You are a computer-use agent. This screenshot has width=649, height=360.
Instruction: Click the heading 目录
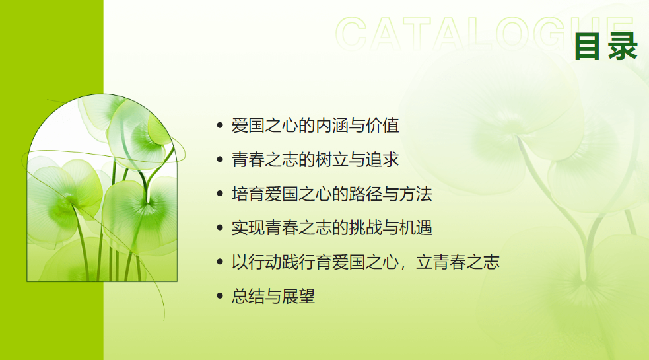click(605, 46)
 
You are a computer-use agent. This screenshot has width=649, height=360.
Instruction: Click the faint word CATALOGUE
click(484, 34)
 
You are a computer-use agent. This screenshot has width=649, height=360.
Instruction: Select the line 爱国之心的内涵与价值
click(315, 126)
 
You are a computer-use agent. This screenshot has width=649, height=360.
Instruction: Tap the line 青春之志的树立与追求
click(315, 159)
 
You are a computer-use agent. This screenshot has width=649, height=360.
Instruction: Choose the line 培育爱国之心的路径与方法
click(332, 194)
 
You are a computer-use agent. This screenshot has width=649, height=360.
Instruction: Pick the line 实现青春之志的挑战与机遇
click(332, 228)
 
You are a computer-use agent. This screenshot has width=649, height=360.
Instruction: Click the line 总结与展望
click(273, 296)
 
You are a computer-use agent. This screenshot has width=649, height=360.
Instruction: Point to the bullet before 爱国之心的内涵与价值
click(220, 125)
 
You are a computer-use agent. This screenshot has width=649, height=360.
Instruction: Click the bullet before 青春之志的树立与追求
click(220, 159)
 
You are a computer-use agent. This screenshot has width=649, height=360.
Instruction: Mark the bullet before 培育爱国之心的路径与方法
click(220, 194)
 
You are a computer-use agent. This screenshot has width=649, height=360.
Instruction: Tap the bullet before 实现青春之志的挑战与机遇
click(220, 228)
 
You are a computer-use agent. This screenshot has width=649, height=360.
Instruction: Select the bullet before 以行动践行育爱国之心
click(220, 262)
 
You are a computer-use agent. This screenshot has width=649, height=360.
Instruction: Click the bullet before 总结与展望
click(220, 296)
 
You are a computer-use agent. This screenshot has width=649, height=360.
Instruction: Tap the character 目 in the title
click(588, 46)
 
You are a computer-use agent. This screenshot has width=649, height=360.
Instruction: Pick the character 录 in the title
click(623, 46)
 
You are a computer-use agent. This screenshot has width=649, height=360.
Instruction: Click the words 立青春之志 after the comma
click(458, 262)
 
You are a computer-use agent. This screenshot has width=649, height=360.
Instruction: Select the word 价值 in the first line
click(382, 126)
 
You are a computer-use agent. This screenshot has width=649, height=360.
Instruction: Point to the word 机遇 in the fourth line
click(416, 228)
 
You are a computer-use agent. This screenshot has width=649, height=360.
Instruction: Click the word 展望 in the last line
click(298, 296)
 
